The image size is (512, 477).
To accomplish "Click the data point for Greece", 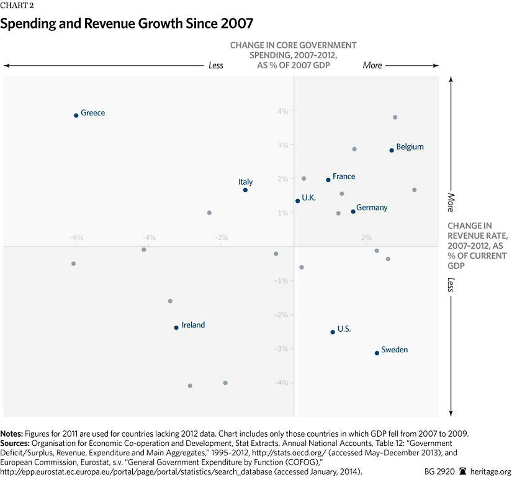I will click(76, 115).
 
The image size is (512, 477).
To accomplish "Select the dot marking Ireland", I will click(176, 328).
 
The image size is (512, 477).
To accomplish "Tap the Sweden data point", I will click(377, 353).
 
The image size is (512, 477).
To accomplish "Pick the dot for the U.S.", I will click(333, 332).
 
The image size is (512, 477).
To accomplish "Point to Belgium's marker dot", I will click(392, 150).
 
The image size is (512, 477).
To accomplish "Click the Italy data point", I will click(245, 190).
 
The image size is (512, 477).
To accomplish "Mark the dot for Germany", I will click(353, 212).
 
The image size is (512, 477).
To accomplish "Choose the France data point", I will click(328, 180).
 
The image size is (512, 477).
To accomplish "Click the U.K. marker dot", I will click(298, 201).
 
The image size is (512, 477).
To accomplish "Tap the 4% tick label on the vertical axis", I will click(282, 111).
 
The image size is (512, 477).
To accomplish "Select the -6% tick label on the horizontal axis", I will click(76, 238).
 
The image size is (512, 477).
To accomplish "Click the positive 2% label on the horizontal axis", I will click(366, 238).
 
